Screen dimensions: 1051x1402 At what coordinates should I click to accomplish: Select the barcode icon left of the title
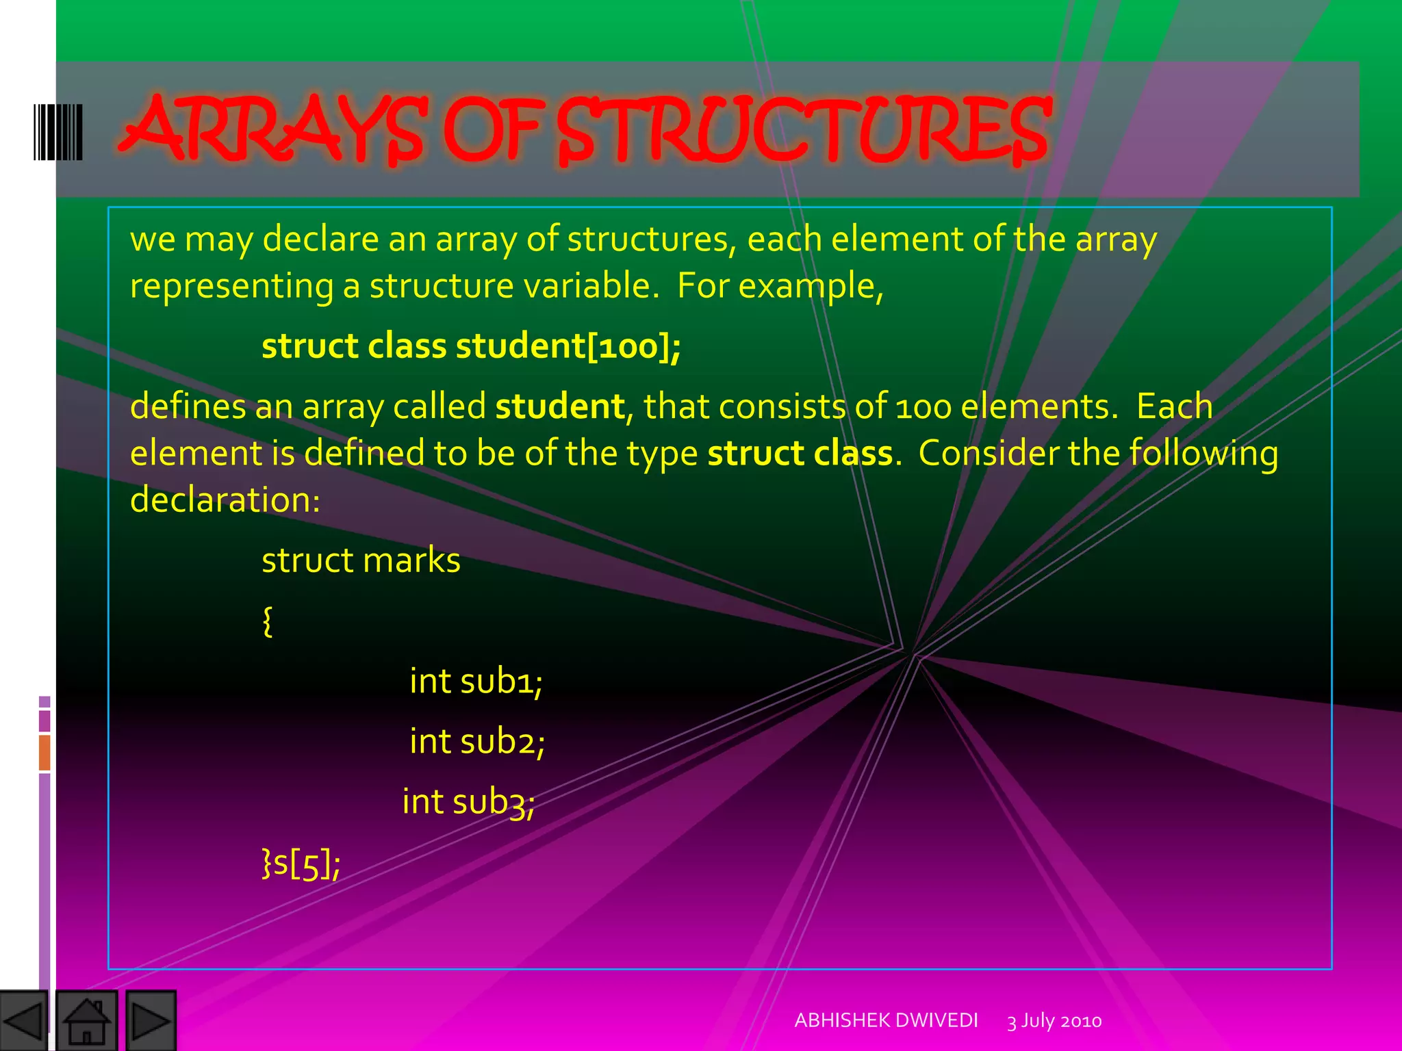pyautogui.click(x=58, y=132)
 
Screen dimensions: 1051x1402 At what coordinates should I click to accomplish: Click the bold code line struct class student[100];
pyautogui.click(x=471, y=346)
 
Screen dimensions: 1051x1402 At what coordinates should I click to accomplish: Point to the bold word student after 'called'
pyautogui.click(x=560, y=406)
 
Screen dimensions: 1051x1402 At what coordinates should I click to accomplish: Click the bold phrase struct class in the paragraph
pyautogui.click(x=800, y=453)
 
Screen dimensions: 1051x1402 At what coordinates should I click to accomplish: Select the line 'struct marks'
pyautogui.click(x=361, y=560)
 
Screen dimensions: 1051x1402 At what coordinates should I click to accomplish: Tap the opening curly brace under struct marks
pyautogui.click(x=268, y=621)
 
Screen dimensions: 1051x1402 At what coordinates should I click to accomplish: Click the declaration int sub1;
pyautogui.click(x=476, y=681)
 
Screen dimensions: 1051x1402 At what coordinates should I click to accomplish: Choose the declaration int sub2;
pyautogui.click(x=477, y=741)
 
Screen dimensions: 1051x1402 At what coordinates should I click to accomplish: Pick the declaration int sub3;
pyautogui.click(x=469, y=801)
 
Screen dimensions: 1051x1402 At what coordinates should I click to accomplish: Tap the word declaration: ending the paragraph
pyautogui.click(x=225, y=499)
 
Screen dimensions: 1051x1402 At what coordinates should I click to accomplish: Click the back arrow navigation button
pyautogui.click(x=24, y=1021)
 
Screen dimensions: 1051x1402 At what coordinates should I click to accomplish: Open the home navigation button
pyautogui.click(x=86, y=1021)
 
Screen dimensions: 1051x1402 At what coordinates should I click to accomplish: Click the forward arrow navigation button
pyautogui.click(x=151, y=1021)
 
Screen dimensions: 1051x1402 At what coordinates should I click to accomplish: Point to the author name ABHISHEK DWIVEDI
pyautogui.click(x=886, y=1020)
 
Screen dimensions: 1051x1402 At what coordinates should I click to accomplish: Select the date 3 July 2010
pyautogui.click(x=1054, y=1021)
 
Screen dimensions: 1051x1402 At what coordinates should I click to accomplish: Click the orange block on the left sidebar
pyautogui.click(x=44, y=752)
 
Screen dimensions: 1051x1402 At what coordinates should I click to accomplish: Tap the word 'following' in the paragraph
pyautogui.click(x=1203, y=454)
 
